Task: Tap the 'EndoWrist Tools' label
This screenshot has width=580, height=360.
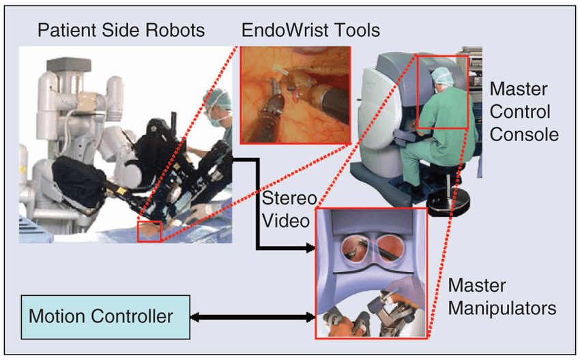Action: [x=310, y=31]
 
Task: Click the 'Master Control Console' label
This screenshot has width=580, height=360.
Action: [x=524, y=110]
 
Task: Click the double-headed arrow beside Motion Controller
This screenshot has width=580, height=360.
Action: [x=252, y=317]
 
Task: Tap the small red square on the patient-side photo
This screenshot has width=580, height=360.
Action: [x=149, y=231]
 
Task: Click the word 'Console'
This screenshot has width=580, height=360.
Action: [x=524, y=134]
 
